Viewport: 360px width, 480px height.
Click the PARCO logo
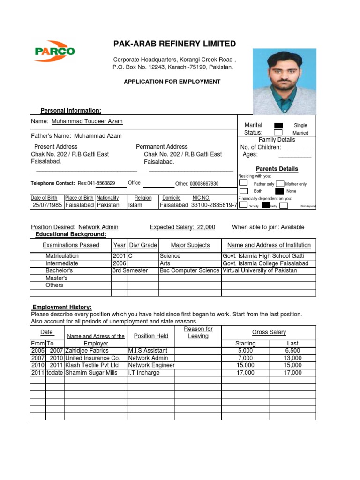tap(54, 51)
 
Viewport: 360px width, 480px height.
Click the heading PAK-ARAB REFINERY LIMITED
tap(174, 44)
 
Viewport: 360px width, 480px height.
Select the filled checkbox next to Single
tap(278, 125)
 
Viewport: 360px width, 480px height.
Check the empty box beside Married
tap(278, 133)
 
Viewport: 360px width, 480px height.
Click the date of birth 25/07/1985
tap(47, 205)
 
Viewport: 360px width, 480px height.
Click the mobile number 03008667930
tap(204, 184)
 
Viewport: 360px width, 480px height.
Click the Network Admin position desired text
tap(98, 227)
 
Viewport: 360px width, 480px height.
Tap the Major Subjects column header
tap(190, 245)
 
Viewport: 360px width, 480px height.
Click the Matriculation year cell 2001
tap(119, 256)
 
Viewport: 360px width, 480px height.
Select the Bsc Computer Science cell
tap(189, 270)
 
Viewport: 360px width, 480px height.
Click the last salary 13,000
tap(292, 358)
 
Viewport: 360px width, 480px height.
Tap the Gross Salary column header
tap(269, 332)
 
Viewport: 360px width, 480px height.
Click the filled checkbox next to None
tap(279, 191)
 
